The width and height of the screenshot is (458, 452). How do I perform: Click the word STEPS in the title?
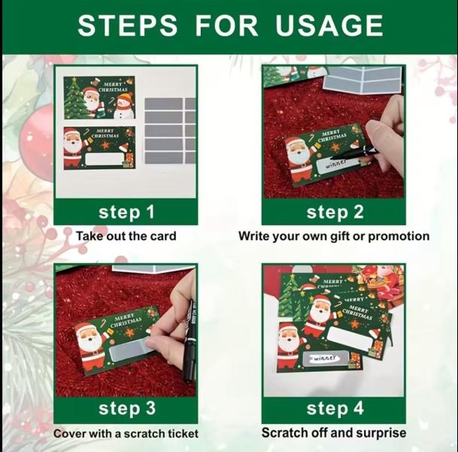(127, 26)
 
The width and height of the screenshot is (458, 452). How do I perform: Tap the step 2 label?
(335, 212)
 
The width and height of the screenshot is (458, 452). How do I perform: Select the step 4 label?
(335, 409)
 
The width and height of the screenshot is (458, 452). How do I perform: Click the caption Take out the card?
(126, 236)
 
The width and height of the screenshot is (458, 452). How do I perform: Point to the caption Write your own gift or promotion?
(334, 236)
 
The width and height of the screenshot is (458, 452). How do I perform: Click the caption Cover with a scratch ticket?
(126, 433)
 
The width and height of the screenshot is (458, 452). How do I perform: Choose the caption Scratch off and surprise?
(334, 432)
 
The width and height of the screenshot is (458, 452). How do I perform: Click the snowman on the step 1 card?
(124, 104)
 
